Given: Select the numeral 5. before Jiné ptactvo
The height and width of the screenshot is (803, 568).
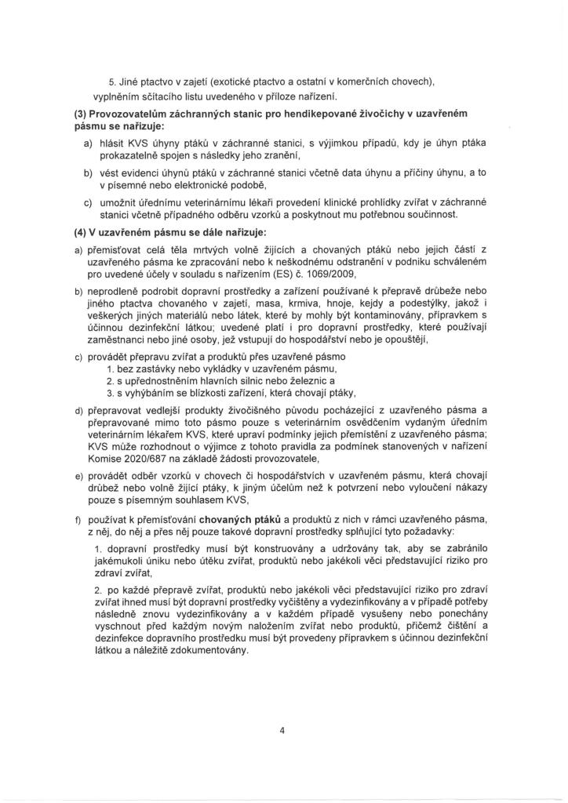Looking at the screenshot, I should point(112,82).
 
